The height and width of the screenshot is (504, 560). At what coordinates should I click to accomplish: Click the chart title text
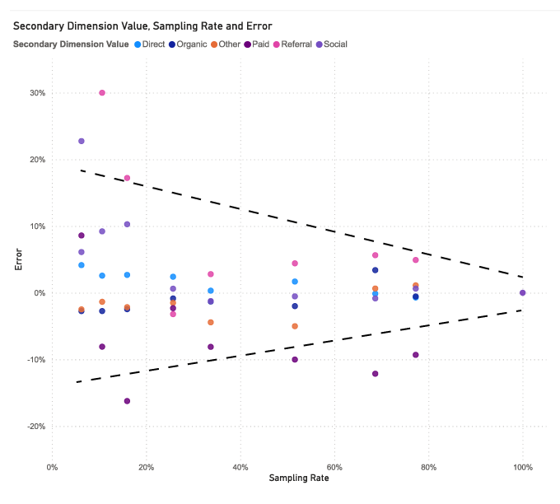tap(142, 27)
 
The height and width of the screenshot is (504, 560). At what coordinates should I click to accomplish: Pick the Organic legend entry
tap(195, 44)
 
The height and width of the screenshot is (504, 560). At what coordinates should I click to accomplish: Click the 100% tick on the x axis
tap(522, 468)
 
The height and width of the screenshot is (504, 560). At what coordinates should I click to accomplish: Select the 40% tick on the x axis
tap(240, 468)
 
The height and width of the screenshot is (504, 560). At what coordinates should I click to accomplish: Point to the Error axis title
tap(18, 260)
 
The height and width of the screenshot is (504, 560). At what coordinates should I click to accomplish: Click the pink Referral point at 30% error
tap(102, 93)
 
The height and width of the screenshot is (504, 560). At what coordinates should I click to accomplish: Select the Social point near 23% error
tap(82, 142)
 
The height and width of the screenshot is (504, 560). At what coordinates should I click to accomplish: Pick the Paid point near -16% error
tap(127, 401)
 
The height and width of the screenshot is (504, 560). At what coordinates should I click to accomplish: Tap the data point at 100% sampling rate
tap(523, 292)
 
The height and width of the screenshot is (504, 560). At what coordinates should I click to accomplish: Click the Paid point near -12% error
tap(376, 374)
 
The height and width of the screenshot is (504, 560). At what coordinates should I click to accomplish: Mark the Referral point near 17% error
tap(127, 178)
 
